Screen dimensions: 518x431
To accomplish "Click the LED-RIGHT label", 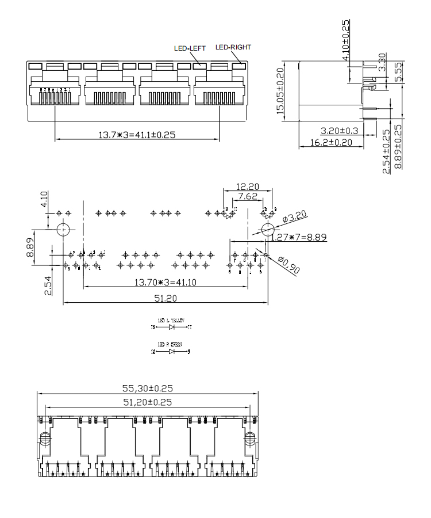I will pyautogui.click(x=233, y=47).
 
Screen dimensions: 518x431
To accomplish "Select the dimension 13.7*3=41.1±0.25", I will pyautogui.click(x=137, y=135).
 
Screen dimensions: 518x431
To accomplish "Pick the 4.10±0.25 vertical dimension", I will pyautogui.click(x=346, y=35).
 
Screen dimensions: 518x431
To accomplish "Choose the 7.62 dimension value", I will pyautogui.click(x=248, y=197).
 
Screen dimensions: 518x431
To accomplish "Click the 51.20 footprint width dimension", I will pyautogui.click(x=165, y=298).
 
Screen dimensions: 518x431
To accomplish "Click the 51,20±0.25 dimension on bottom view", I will pyautogui.click(x=148, y=402).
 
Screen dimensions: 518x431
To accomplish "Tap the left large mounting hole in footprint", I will pyautogui.click(x=63, y=230).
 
